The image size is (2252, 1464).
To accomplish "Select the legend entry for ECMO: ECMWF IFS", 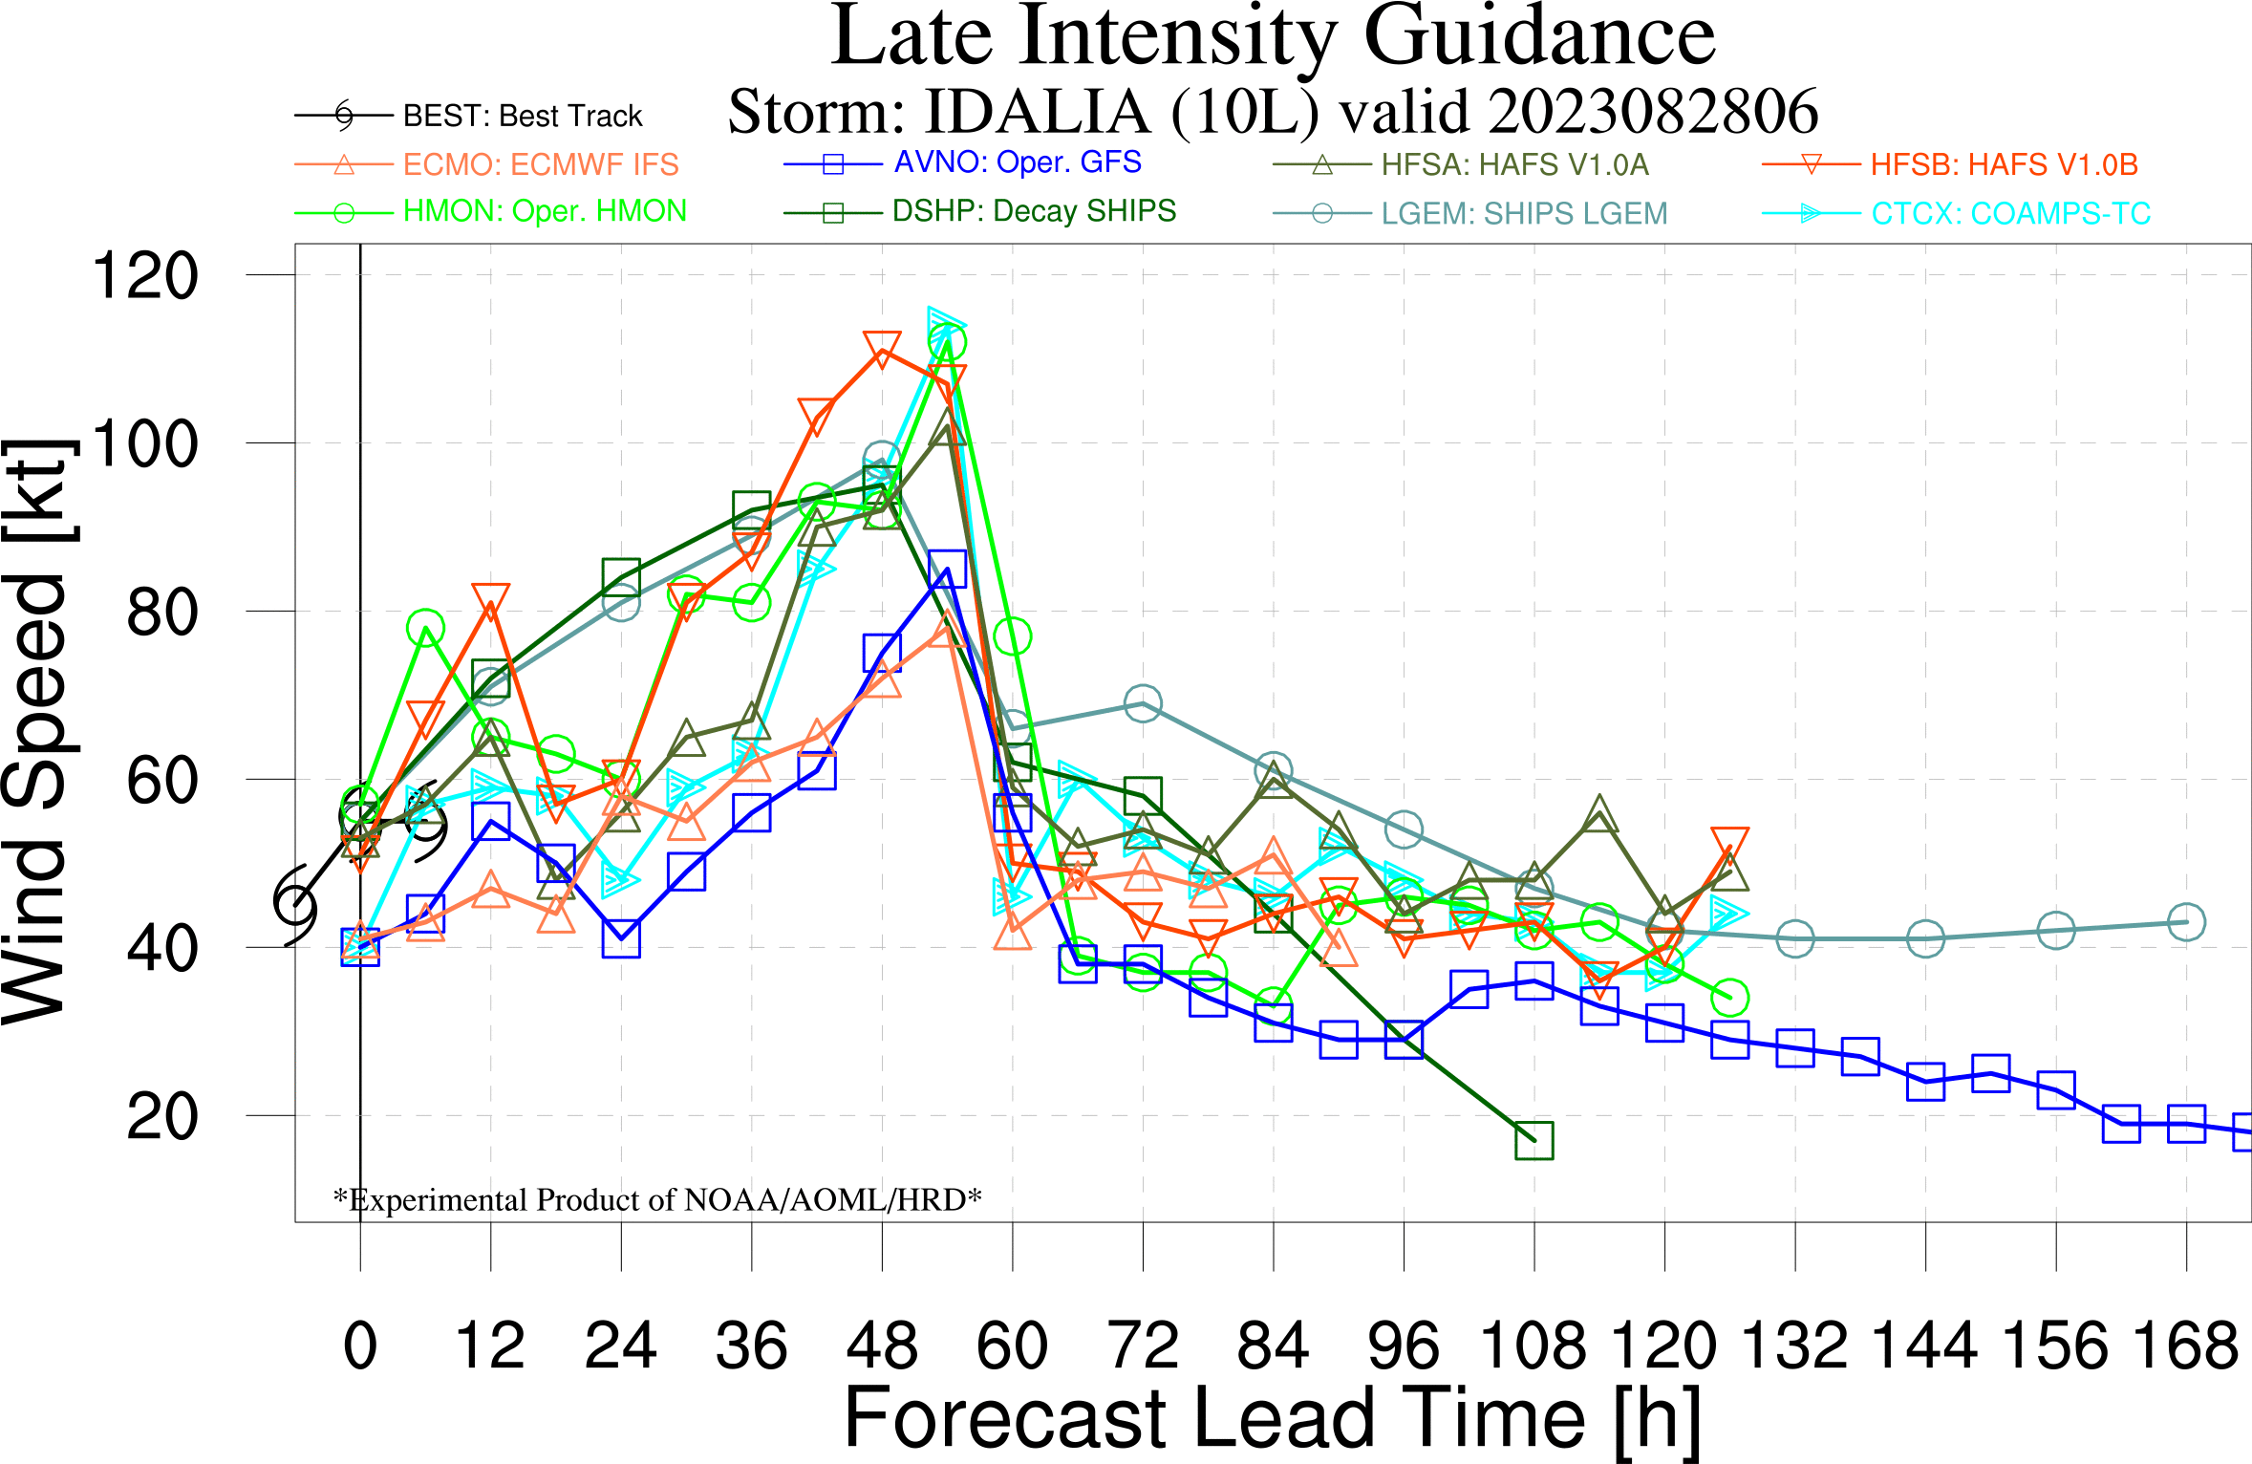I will pyautogui.click(x=540, y=164).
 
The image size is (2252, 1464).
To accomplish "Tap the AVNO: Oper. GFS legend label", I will pyautogui.click(x=1018, y=162).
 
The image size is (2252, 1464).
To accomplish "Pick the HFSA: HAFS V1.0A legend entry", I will pyautogui.click(x=1514, y=164).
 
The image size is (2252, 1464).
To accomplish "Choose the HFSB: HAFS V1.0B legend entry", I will pyautogui.click(x=2004, y=164).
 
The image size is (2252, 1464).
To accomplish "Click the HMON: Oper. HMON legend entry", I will pyautogui.click(x=545, y=211).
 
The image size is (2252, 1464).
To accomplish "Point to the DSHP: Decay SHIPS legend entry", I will pyautogui.click(x=1034, y=211).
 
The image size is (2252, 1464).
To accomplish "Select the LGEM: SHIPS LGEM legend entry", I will pyautogui.click(x=1524, y=213).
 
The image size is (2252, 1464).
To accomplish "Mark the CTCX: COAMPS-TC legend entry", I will pyautogui.click(x=2010, y=213).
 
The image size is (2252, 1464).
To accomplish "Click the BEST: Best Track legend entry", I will pyautogui.click(x=522, y=116).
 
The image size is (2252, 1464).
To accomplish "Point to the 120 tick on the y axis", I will pyautogui.click(x=145, y=276).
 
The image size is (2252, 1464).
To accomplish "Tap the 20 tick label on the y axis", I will pyautogui.click(x=162, y=1116).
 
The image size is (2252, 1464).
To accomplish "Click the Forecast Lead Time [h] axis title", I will pyautogui.click(x=1273, y=1419).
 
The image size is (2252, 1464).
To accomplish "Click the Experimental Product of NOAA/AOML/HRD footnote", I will pyautogui.click(x=657, y=1199).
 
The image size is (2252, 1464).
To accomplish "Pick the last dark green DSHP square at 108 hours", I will pyautogui.click(x=1534, y=1140).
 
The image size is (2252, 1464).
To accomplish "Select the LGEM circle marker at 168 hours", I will pyautogui.click(x=2186, y=922).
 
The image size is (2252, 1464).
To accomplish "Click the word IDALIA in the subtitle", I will pyautogui.click(x=1038, y=112).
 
